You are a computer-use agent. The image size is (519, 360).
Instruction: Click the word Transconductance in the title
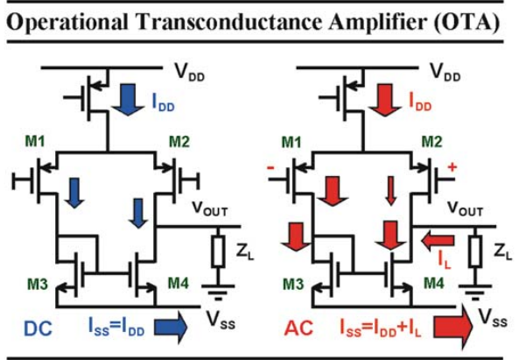pyautogui.click(x=229, y=23)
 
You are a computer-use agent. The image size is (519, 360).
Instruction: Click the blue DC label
pyautogui.click(x=38, y=328)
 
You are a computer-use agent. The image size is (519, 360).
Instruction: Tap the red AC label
pyautogui.click(x=298, y=328)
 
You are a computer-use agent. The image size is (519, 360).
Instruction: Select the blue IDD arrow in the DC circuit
pyautogui.click(x=128, y=99)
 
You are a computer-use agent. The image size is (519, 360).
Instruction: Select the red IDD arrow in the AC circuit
pyautogui.click(x=385, y=99)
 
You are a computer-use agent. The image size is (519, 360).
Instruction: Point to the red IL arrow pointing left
pyautogui.click(x=438, y=241)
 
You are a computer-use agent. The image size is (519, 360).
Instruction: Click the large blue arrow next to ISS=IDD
pyautogui.click(x=171, y=328)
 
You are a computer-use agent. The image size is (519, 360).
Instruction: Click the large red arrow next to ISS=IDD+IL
pyautogui.click(x=453, y=328)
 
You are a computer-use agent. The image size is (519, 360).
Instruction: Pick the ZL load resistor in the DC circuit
pyautogui.click(x=219, y=251)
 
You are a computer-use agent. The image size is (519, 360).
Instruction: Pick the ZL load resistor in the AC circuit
pyautogui.click(x=475, y=251)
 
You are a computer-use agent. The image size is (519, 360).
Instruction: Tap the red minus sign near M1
pyautogui.click(x=270, y=168)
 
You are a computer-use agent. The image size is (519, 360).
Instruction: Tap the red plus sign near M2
pyautogui.click(x=452, y=167)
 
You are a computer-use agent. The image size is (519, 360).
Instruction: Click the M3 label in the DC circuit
pyautogui.click(x=37, y=284)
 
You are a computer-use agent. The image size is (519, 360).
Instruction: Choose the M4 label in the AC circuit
pyautogui.click(x=434, y=284)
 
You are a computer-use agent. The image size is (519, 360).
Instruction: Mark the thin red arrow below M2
pyautogui.click(x=391, y=190)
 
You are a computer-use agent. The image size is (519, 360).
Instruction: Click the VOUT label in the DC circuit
pyautogui.click(x=210, y=208)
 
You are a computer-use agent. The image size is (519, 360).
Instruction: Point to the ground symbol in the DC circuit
pyautogui.click(x=218, y=292)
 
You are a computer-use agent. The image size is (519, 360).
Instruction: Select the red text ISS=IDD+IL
pyautogui.click(x=381, y=328)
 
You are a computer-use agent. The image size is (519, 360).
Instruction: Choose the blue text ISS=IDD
pyautogui.click(x=116, y=328)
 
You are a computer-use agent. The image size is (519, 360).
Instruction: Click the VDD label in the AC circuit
pyautogui.click(x=445, y=72)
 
